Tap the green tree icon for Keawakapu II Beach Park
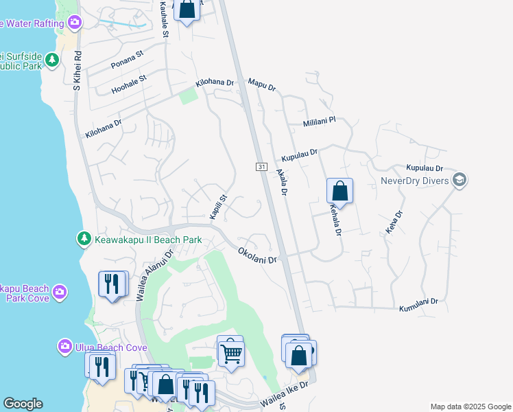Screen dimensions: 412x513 point(84,238)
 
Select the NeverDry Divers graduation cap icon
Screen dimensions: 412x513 point(460,181)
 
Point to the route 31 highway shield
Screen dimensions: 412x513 point(261,167)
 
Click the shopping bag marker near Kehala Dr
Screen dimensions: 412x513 point(339,190)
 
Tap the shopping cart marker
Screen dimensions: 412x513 point(232,353)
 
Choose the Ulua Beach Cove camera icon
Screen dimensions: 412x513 point(65,345)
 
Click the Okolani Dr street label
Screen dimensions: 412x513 point(257,255)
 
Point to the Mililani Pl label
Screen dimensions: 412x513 point(320,122)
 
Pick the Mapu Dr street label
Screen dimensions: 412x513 point(262,85)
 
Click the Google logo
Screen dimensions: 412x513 point(23,404)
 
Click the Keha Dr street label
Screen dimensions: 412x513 point(392,225)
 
